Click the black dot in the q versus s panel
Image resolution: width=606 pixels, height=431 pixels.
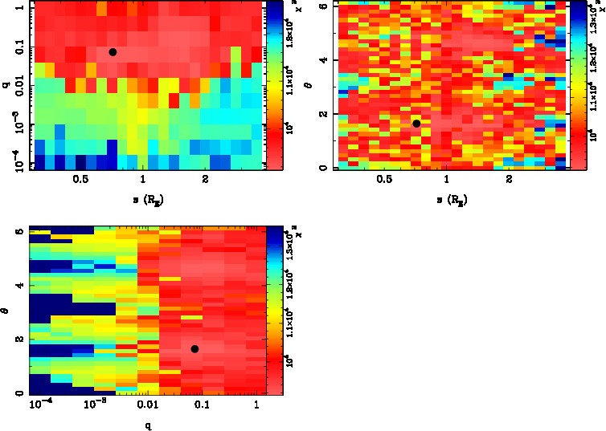113,52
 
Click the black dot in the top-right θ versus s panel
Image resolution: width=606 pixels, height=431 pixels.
416,124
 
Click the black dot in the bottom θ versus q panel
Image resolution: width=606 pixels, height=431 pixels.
194,349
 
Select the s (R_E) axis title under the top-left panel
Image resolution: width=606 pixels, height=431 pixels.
143,197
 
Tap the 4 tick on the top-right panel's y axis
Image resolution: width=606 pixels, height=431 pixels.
321,60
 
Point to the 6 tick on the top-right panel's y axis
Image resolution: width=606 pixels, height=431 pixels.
321,6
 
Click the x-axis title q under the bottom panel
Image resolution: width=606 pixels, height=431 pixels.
148,423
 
